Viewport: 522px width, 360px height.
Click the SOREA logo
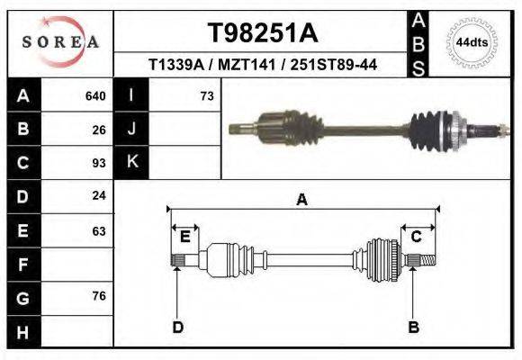[60, 42]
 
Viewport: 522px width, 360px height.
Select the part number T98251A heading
[262, 33]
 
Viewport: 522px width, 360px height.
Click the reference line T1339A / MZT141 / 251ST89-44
[262, 65]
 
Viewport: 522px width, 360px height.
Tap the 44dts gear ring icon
[472, 42]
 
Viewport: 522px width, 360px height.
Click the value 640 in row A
[95, 95]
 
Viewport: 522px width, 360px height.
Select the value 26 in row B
[99, 129]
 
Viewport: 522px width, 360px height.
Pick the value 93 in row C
[99, 163]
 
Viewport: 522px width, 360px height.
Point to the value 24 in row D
[99, 195]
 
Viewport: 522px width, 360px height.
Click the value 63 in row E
[99, 230]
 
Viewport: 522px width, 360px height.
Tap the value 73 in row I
[206, 95]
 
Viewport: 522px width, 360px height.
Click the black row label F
[22, 265]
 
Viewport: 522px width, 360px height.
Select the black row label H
[22, 332]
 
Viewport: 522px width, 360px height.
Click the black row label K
[131, 163]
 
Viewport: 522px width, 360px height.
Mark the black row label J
[131, 129]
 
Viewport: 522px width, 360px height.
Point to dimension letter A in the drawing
[302, 200]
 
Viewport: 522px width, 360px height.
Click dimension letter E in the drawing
[184, 237]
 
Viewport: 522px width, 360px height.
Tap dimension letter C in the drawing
[417, 237]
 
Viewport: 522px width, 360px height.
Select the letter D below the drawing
[177, 327]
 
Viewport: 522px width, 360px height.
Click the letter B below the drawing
[413, 327]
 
